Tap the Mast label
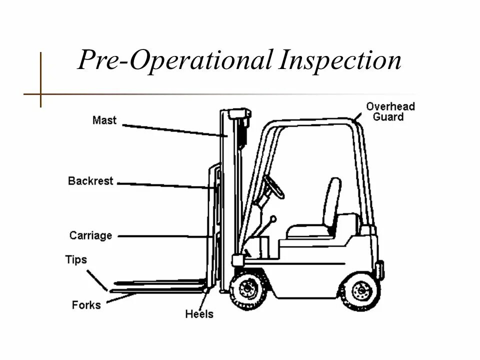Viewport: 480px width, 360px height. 104,120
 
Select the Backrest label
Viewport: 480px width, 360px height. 90,181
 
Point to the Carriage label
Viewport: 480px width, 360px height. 90,235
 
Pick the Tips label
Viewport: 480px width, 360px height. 75,260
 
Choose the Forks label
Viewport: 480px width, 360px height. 86,304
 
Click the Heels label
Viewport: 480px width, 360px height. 199,314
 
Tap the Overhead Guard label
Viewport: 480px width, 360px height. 390,111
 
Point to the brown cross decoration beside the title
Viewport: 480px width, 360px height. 40,93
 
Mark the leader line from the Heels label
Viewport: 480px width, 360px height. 202,299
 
